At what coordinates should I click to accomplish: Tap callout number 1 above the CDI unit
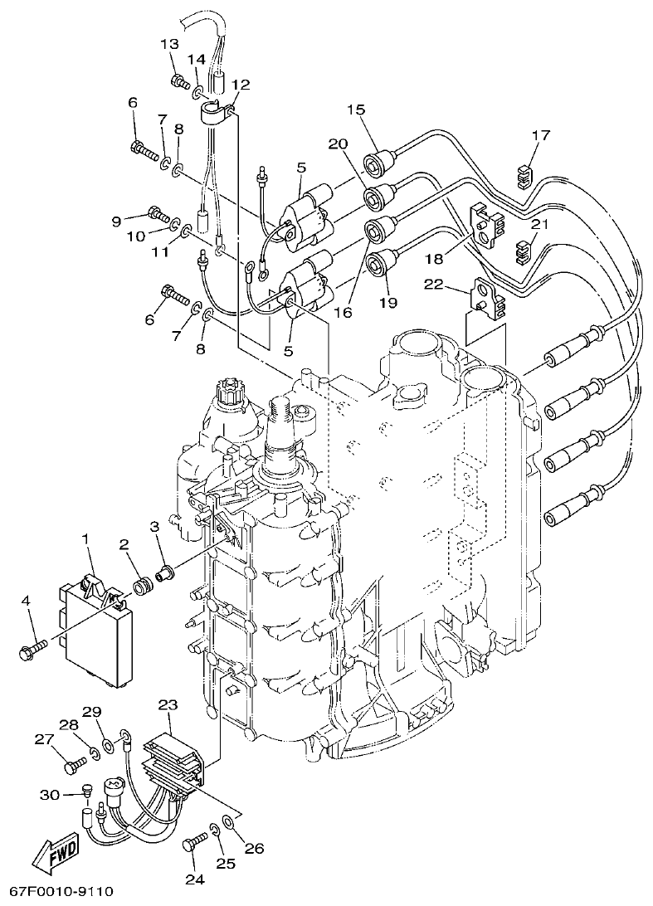click(85, 540)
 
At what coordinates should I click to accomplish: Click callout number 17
click(540, 134)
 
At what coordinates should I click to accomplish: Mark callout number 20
click(337, 144)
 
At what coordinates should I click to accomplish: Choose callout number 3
click(154, 526)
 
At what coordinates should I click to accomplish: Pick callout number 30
click(49, 794)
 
